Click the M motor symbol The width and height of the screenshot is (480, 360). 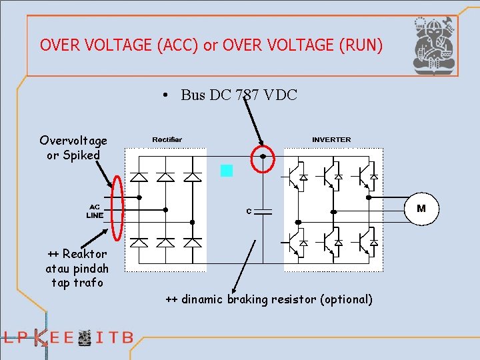point(421,209)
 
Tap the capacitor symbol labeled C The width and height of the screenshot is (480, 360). point(264,211)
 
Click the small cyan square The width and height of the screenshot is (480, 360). point(227,171)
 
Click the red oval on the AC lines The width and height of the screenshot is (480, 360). point(118,207)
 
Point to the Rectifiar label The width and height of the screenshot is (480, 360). point(167,139)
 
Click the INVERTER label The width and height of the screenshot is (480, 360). point(331,139)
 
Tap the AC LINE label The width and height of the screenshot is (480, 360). point(95,211)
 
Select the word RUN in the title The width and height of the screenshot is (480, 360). point(360,45)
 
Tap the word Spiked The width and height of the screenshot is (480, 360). point(82,155)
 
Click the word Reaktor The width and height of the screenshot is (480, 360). point(85,254)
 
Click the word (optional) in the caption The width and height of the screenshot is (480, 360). point(346,299)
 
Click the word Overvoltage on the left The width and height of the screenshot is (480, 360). point(73,141)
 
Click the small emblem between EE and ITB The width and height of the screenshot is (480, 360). point(85,338)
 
